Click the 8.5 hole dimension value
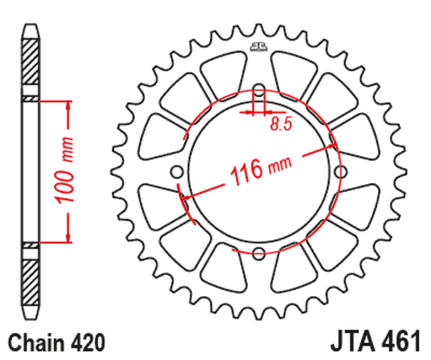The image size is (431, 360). pyautogui.click(x=281, y=123)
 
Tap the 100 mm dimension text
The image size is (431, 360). pyautogui.click(x=64, y=170)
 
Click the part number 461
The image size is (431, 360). pyautogui.click(x=401, y=341)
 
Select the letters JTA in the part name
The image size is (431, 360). pyautogui.click(x=354, y=341)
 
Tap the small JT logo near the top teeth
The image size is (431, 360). pyautogui.click(x=258, y=47)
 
